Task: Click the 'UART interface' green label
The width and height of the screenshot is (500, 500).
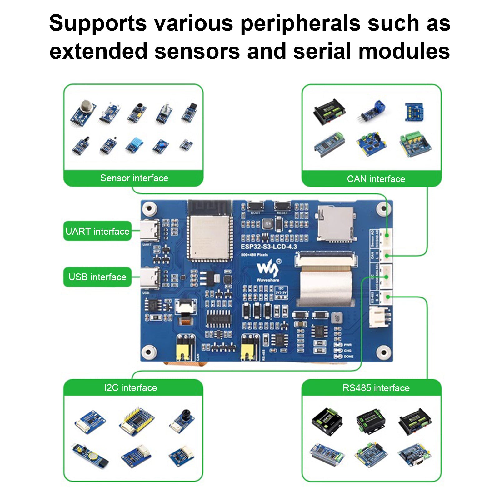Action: pyautogui.click(x=97, y=231)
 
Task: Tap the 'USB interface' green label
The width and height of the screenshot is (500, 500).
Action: pyautogui.click(x=97, y=277)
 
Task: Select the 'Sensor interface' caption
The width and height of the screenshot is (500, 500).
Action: pyautogui.click(x=134, y=178)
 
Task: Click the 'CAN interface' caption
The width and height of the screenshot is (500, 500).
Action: pyautogui.click(x=376, y=179)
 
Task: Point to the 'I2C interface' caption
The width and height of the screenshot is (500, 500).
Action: pyautogui.click(x=131, y=388)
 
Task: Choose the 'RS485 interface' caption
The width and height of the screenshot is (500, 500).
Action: pyautogui.click(x=376, y=388)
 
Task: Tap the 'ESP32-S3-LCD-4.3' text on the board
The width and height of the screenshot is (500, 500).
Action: pyautogui.click(x=269, y=247)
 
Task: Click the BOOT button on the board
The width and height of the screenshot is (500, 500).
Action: pyautogui.click(x=256, y=207)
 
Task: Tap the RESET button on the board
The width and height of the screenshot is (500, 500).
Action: pyautogui.click(x=282, y=207)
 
